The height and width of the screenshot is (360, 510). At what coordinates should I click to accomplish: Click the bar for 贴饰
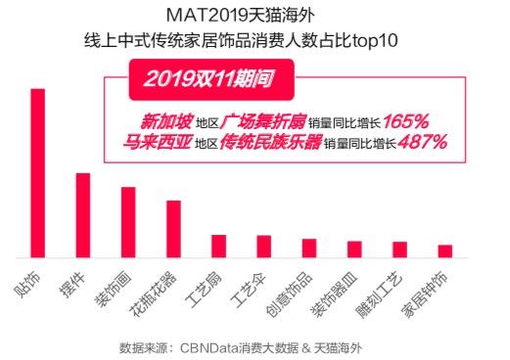point(38,173)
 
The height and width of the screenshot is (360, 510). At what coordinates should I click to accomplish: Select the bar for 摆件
point(83,215)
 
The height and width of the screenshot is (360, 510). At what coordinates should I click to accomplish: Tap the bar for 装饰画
point(128,222)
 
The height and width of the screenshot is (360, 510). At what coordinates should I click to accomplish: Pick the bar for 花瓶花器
point(173,229)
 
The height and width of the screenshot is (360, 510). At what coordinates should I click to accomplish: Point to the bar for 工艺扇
point(218,247)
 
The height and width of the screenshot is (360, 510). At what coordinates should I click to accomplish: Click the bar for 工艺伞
point(263,247)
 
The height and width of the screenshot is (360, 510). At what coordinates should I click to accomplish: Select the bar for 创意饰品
point(309,248)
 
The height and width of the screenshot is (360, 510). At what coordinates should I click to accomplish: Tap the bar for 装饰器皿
point(354,249)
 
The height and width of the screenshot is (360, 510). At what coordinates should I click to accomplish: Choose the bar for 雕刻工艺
point(399,249)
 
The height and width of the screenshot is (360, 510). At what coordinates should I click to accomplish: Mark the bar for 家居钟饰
point(444,251)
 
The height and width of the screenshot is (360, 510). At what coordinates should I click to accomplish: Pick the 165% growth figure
point(405,122)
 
